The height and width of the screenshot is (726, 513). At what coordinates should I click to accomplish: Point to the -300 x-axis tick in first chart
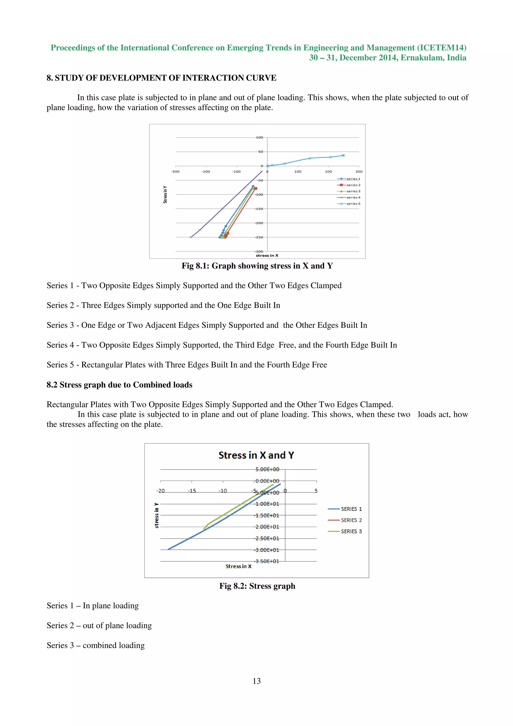coord(175,171)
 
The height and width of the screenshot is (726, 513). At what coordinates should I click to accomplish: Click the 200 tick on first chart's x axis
coord(328,171)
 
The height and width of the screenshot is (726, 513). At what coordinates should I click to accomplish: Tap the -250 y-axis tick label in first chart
coord(259,237)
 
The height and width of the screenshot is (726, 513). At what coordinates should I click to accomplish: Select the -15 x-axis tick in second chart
coord(192,491)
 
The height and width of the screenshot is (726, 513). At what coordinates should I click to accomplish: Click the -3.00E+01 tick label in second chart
coord(267,550)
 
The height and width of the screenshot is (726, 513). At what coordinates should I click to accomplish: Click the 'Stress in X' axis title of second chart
coord(238,566)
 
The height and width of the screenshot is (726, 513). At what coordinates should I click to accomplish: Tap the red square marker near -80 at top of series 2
coord(256,188)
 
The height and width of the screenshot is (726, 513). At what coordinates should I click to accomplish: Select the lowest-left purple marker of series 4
coord(191,237)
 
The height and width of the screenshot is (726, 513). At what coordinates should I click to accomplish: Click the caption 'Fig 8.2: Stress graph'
coord(257,586)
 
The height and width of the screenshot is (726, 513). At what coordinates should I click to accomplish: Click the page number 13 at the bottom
coord(256,681)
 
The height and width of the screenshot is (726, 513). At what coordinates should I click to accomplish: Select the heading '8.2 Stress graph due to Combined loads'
coord(119,385)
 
